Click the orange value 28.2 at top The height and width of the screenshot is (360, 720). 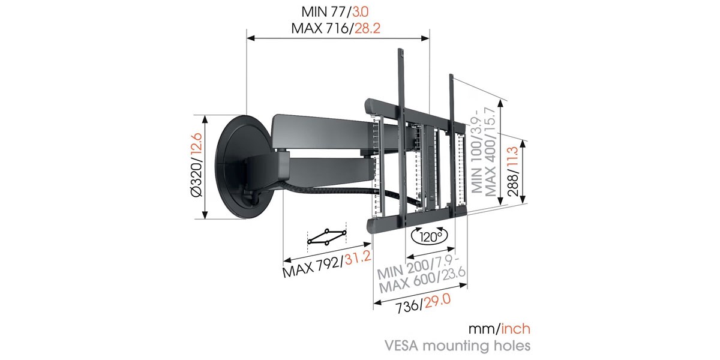(367, 28)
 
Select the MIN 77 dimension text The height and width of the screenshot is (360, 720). (323, 12)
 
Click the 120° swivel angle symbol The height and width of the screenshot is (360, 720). (429, 236)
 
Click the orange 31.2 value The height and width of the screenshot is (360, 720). (358, 258)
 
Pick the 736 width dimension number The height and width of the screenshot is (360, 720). (407, 307)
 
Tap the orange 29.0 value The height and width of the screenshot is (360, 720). (437, 301)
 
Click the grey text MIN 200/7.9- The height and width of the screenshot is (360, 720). (418, 267)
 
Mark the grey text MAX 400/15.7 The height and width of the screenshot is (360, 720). (491, 152)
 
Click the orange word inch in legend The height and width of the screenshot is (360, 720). (516, 329)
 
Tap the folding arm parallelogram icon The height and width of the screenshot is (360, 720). (327, 237)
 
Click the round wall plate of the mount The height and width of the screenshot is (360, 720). (244, 167)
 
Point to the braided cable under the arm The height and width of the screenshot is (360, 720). (337, 190)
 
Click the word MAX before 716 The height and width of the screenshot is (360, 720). (307, 28)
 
